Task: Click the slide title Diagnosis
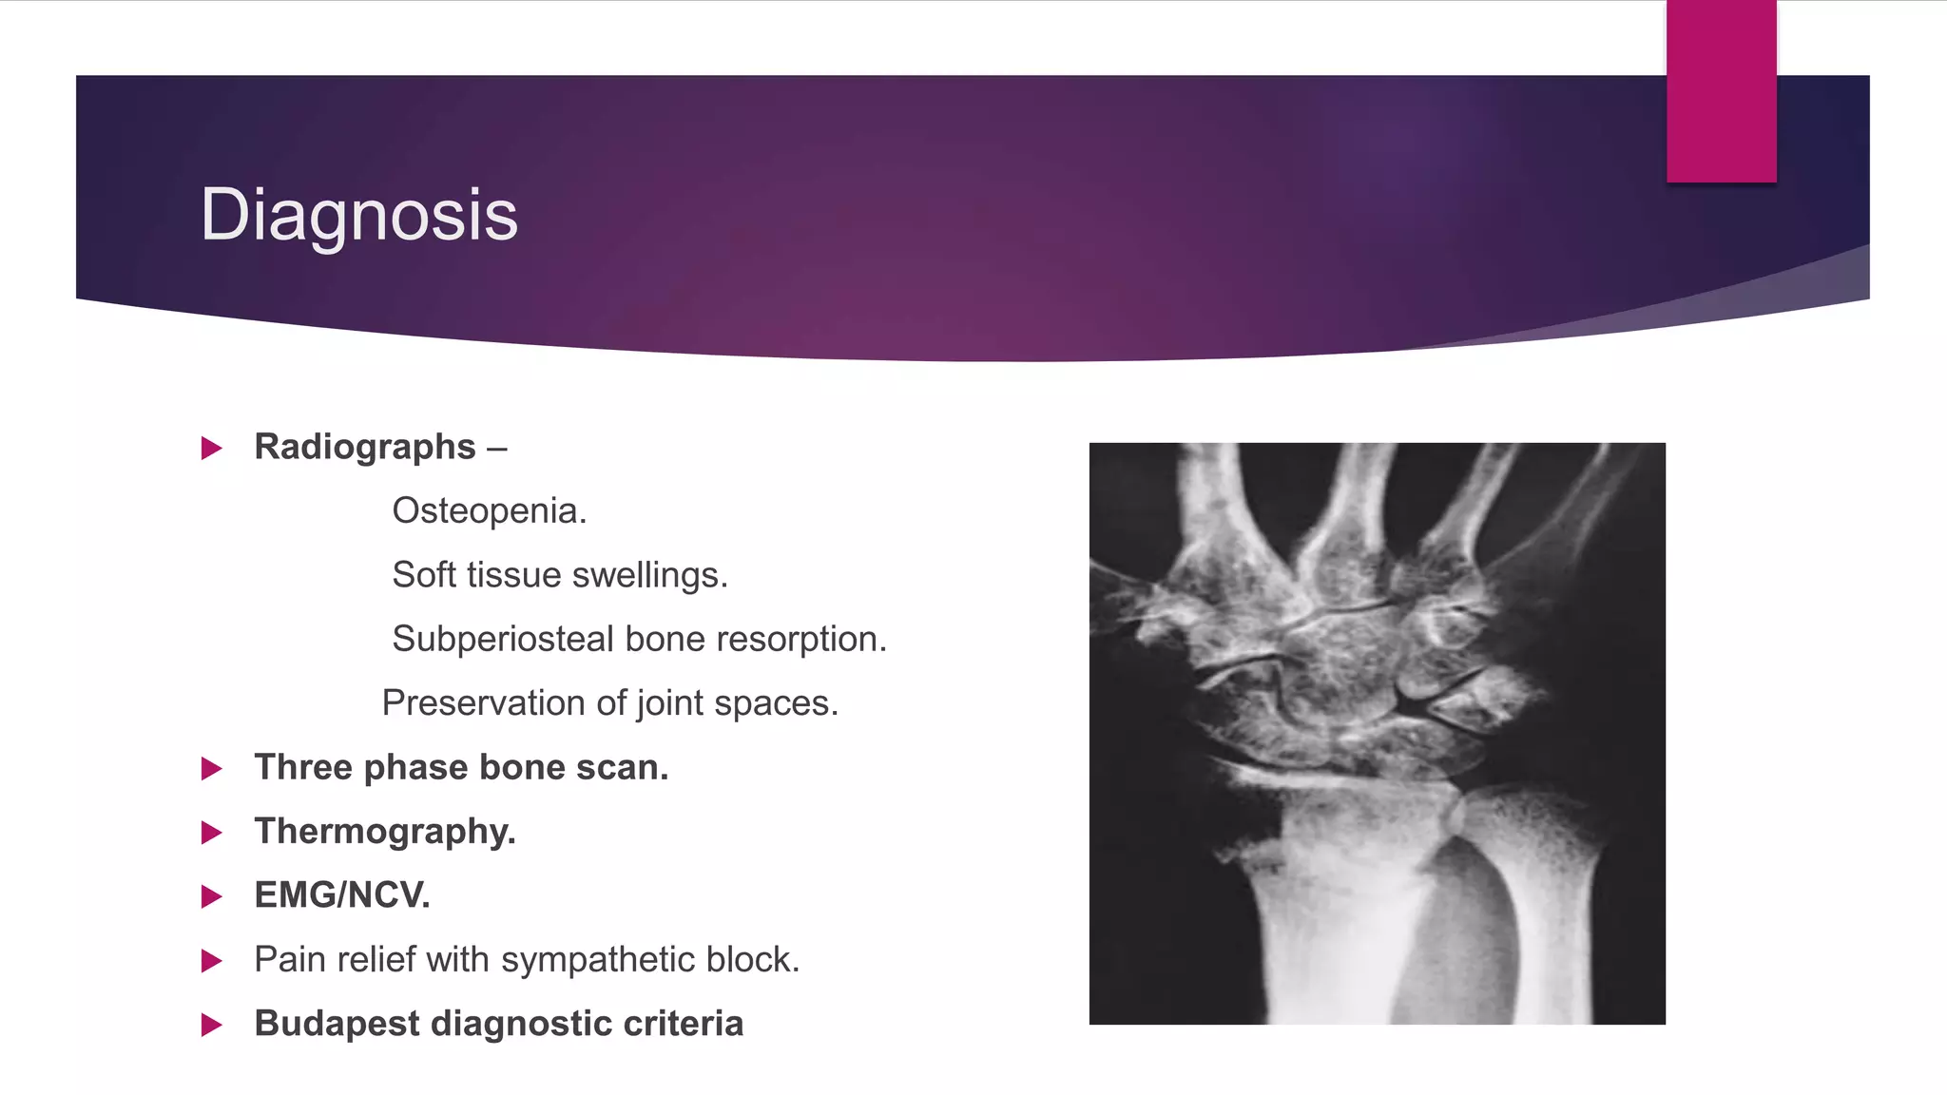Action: pyautogui.click(x=358, y=215)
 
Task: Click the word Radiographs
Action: pyautogui.click(x=365, y=447)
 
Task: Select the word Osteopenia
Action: pyautogui.click(x=489, y=511)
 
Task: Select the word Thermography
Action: pyautogui.click(x=384, y=832)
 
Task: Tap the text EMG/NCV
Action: pyautogui.click(x=342, y=895)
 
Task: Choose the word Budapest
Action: pyautogui.click(x=337, y=1024)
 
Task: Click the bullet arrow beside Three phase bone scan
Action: pyautogui.click(x=212, y=768)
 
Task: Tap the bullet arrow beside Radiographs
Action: pyautogui.click(x=212, y=448)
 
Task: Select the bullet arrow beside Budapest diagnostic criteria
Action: pyautogui.click(x=212, y=1025)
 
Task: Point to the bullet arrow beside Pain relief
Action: pyautogui.click(x=212, y=961)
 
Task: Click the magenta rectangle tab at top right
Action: pyautogui.click(x=1721, y=91)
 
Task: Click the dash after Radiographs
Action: pyautogui.click(x=497, y=448)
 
